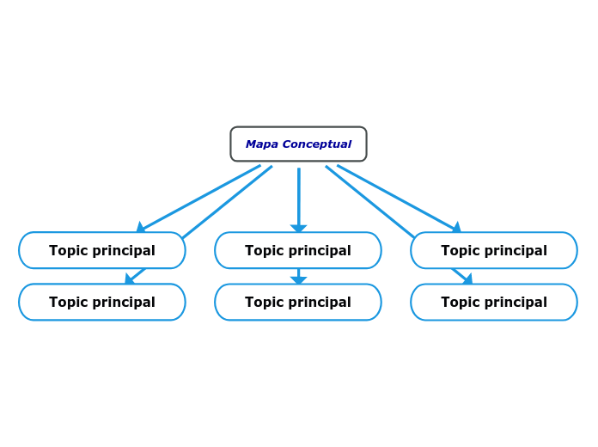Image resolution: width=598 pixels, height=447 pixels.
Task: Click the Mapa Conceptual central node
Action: (298, 144)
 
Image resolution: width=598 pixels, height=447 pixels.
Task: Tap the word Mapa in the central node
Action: (261, 144)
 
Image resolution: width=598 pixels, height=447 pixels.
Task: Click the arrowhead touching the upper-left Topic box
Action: (141, 228)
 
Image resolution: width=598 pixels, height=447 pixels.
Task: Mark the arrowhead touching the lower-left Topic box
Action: (130, 279)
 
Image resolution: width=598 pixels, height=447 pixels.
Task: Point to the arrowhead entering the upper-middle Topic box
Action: (298, 229)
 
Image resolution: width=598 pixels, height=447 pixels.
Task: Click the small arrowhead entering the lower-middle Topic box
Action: (298, 280)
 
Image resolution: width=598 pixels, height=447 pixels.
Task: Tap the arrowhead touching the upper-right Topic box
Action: (456, 228)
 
